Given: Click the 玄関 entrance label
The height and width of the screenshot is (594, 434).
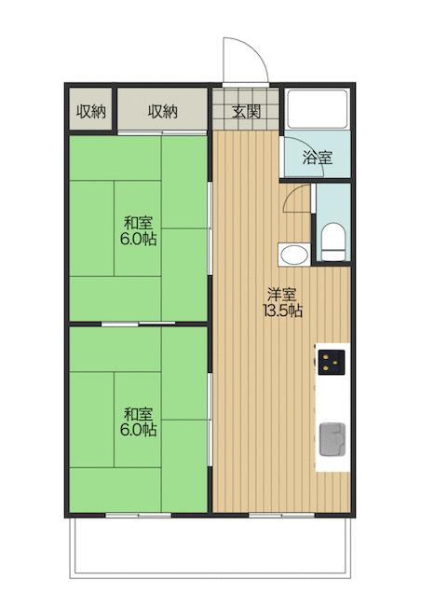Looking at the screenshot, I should click(247, 113).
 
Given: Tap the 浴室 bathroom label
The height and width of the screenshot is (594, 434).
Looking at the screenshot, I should click(318, 159).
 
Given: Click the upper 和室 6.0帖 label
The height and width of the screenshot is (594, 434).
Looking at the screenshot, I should click(137, 230).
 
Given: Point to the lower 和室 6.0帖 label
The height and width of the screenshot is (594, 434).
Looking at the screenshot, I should click(137, 421).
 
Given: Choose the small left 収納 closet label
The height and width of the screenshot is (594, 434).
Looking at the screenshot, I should click(90, 112).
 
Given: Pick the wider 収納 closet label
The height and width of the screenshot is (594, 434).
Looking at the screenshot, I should click(162, 112).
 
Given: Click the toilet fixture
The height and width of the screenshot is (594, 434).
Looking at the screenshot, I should click(332, 242).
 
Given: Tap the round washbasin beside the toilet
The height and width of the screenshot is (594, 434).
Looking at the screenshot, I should click(293, 254).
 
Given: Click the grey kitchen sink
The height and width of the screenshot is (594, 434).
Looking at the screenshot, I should click(332, 438).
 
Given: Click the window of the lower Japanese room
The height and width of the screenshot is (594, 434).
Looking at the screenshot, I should click(137, 514).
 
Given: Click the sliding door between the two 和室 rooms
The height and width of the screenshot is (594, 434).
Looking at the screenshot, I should click(137, 325).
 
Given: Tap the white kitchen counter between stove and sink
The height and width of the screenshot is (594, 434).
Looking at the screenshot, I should click(332, 396).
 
